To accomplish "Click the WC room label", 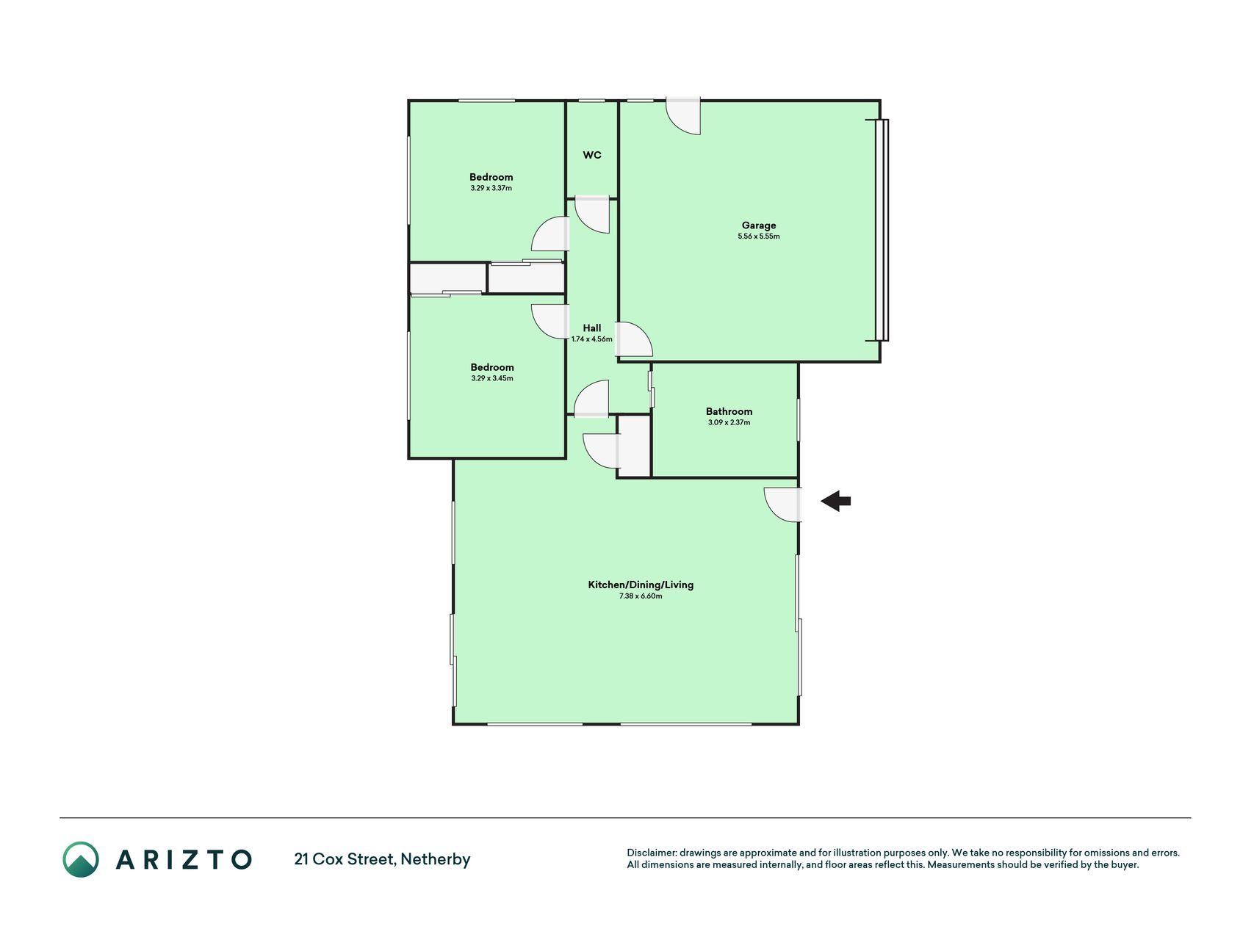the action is [x=592, y=155].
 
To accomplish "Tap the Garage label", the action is [x=759, y=225].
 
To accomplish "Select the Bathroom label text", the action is [x=729, y=411].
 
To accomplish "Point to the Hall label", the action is [x=592, y=328].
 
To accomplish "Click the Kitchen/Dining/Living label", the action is [x=641, y=585].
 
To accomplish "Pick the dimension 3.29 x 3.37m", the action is [x=491, y=188].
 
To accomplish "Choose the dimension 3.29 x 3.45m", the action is [x=492, y=378].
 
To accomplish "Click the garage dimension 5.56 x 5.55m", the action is [x=759, y=236].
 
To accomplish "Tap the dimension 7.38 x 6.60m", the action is [x=641, y=596].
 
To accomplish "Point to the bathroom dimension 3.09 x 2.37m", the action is [x=729, y=422].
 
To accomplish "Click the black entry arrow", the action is [x=835, y=502].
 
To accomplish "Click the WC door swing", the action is [x=592, y=215].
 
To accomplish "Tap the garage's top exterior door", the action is [x=683, y=117].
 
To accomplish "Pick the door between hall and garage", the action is [x=633, y=339].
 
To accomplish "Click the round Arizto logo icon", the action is [x=80, y=859].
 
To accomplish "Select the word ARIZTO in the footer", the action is [x=184, y=859].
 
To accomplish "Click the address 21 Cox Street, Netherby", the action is [x=382, y=859].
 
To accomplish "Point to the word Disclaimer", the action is [x=651, y=853].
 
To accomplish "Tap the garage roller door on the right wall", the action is [x=882, y=230].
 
